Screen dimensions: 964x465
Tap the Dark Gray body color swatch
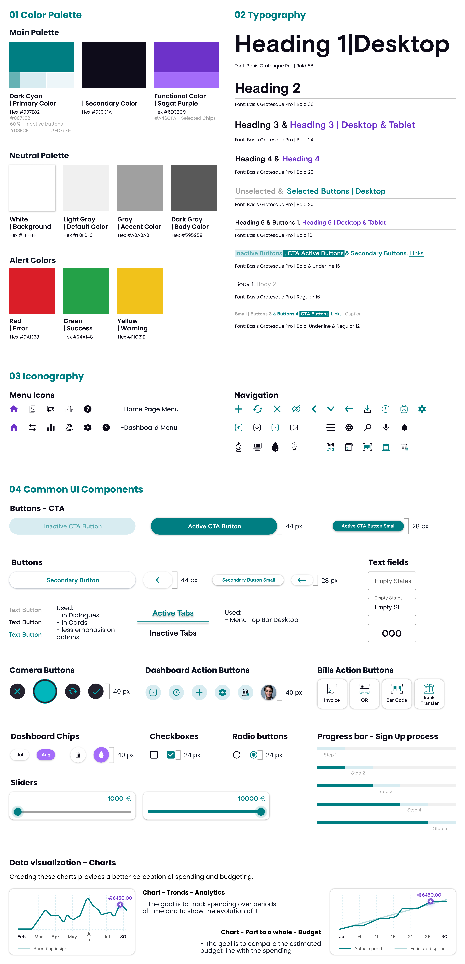(194, 188)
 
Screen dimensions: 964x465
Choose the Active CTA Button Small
(368, 526)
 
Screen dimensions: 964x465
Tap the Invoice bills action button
(332, 693)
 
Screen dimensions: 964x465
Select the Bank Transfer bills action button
(429, 693)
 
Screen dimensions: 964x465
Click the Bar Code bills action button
(397, 693)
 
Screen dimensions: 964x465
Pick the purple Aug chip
(46, 755)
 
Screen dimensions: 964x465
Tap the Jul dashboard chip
(20, 755)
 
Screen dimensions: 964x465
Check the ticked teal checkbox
(171, 755)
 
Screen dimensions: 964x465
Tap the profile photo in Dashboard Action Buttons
(268, 692)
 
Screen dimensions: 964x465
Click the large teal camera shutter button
(45, 691)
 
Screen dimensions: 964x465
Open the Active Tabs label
(173, 613)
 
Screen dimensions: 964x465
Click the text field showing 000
(392, 633)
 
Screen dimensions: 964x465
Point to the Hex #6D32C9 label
(170, 112)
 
